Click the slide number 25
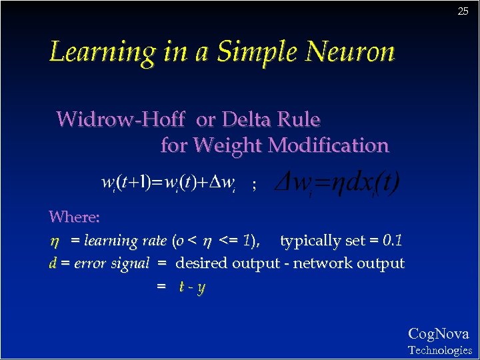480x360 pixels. [463, 11]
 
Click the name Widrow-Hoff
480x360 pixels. [121, 119]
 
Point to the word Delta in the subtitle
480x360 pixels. [247, 119]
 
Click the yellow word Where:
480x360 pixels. [75, 217]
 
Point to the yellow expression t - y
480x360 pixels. [192, 287]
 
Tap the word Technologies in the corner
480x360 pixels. [439, 350]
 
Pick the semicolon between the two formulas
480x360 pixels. [253, 187]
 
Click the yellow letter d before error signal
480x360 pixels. [53, 263]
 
